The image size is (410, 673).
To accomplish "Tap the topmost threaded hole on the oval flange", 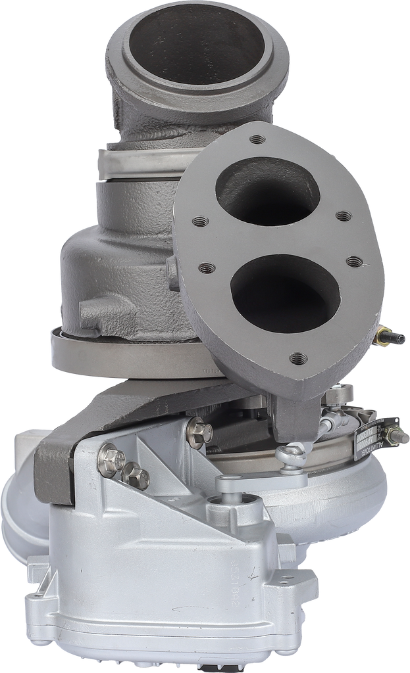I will [x=257, y=139].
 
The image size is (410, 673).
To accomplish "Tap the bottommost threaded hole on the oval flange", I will [x=298, y=358].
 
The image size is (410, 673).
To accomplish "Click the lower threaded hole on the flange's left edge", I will [x=207, y=268].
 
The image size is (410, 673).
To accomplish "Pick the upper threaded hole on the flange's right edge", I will [x=343, y=216].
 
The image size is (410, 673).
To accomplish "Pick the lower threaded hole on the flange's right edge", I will [x=354, y=262].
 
